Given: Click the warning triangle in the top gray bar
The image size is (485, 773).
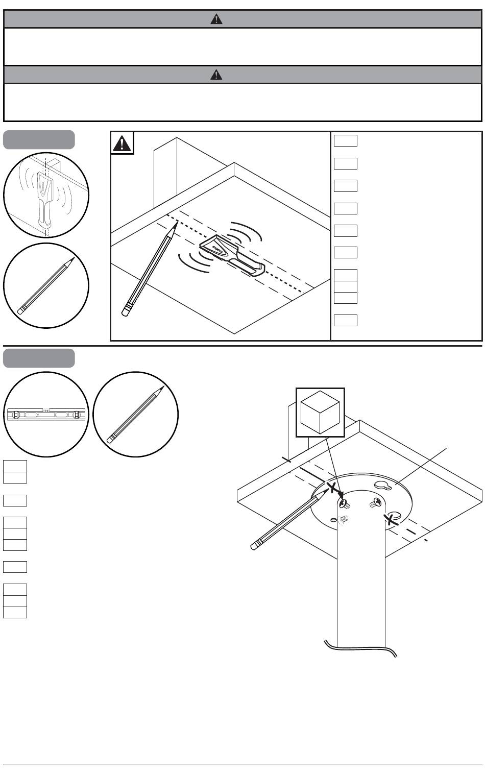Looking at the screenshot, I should tap(216, 19).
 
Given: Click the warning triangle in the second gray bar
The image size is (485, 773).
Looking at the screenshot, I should tap(216, 75).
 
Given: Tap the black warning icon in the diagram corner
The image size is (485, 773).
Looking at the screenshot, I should tap(122, 143).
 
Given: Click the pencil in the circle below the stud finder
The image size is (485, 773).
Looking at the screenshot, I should tap(46, 285).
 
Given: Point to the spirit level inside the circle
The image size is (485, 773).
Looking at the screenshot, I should tap(46, 414).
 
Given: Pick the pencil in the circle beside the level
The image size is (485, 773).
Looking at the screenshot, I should tap(135, 415).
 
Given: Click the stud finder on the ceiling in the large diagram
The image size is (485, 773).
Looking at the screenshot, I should tap(230, 254).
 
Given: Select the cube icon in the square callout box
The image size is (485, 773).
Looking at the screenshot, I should tap(320, 412).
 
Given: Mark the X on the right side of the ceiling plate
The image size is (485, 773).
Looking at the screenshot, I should tap(391, 520).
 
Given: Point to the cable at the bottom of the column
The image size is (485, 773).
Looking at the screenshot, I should tap(360, 649).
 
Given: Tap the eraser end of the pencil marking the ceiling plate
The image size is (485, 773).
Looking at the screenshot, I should tap(254, 546).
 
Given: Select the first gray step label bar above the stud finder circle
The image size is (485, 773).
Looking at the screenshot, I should tap(39, 139).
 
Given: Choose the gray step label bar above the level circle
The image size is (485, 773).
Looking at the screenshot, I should tap(39, 358).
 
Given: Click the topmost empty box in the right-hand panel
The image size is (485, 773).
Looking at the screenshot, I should tap(345, 141).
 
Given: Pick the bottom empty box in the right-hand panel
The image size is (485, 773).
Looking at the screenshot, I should tap(345, 320).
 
